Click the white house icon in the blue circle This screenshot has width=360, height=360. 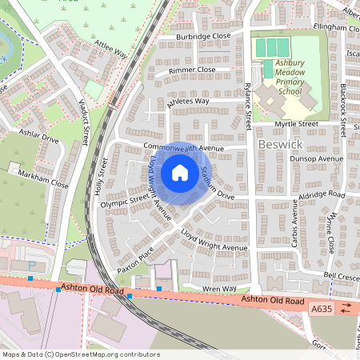click(180, 173)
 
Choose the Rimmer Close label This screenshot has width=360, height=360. click(193, 70)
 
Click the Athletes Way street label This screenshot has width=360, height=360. click(187, 102)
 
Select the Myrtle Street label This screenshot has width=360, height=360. click(296, 125)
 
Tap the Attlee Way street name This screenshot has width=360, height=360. click(110, 50)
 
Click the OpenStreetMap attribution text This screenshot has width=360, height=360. click(80, 354)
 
